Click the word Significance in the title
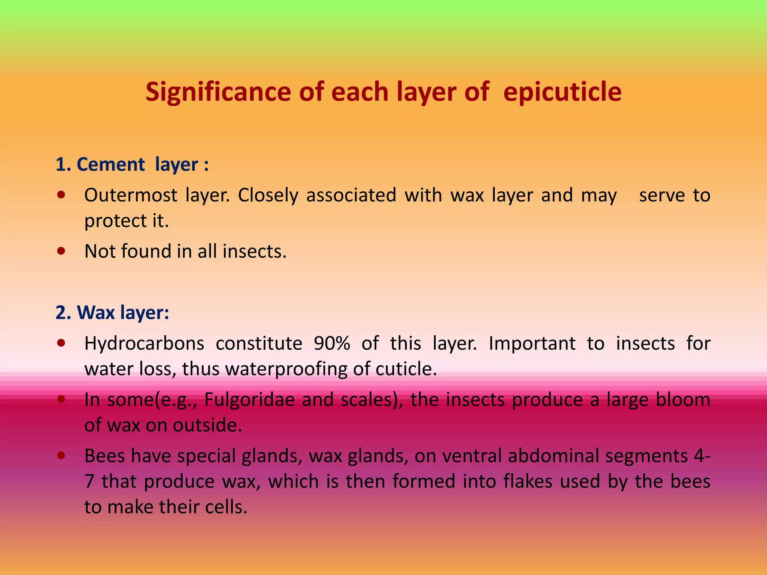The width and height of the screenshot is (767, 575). [x=218, y=92]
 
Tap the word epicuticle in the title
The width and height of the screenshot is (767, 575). [x=562, y=92]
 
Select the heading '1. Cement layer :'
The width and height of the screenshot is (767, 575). [x=132, y=164]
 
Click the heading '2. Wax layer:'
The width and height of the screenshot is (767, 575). [x=112, y=312]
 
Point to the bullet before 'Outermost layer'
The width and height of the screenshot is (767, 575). [x=61, y=195]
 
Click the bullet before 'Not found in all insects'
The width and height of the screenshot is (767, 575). [x=61, y=251]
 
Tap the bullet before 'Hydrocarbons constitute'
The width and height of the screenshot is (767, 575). [x=61, y=343]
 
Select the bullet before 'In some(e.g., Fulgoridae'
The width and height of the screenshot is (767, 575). [x=61, y=399]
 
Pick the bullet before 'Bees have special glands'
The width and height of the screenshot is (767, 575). [x=61, y=456]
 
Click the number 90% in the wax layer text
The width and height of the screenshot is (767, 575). [x=332, y=343]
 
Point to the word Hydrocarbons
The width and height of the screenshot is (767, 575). [x=144, y=343]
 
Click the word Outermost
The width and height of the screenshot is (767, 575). [x=131, y=195]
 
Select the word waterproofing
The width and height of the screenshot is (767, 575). [x=286, y=369]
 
